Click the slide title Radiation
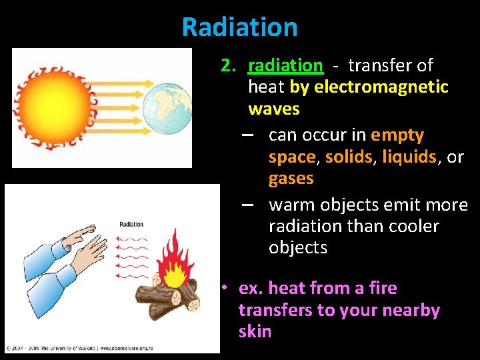coord(239,27)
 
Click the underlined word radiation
coord(285,65)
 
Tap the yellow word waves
coord(273,109)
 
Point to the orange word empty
coord(397,135)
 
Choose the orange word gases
coord(291,179)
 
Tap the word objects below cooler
coord(298,248)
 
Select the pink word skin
coord(255,332)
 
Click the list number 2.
coord(229,65)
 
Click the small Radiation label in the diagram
coord(131,225)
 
